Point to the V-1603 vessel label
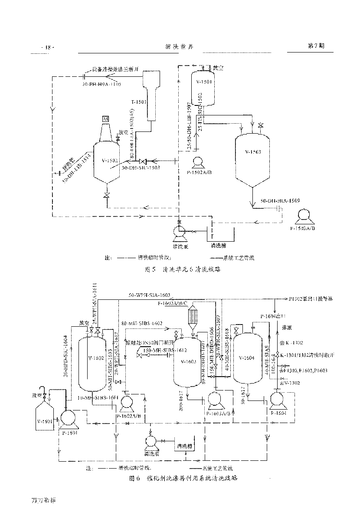click(x=189, y=361)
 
